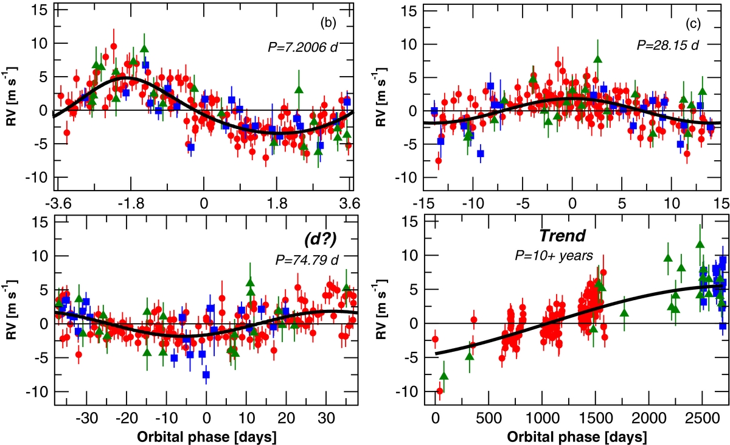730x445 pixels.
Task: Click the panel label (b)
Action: tap(328, 24)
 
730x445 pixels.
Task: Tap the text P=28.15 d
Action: tap(668, 47)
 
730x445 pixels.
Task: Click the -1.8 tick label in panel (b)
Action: tap(128, 202)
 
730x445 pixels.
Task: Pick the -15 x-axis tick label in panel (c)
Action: tap(422, 202)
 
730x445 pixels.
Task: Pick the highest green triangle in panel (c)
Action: tap(597, 58)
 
